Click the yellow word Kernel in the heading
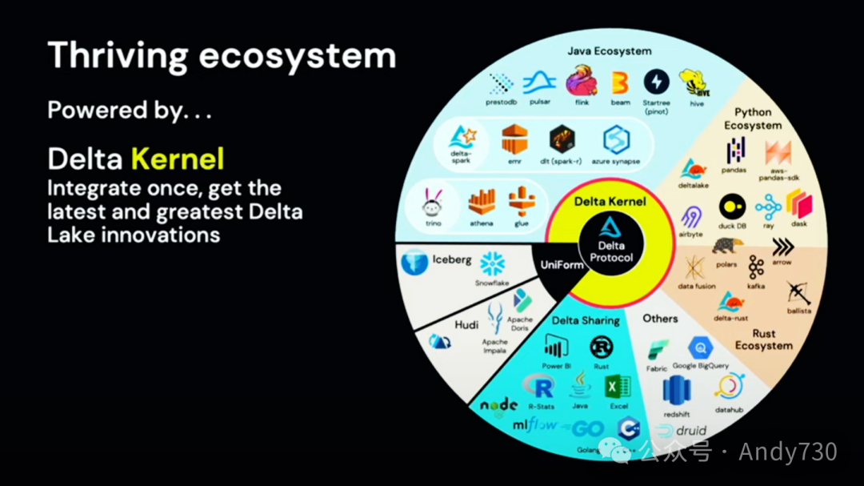tap(178, 159)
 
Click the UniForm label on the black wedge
tap(562, 265)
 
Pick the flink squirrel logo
tap(581, 83)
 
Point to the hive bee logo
tap(694, 83)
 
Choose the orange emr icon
tap(514, 140)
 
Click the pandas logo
tap(734, 151)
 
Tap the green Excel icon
tap(618, 387)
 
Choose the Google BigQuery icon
tap(700, 347)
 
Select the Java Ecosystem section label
tap(610, 51)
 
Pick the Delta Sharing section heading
tap(586, 320)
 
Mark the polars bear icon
tap(726, 247)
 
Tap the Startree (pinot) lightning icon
tap(658, 82)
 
